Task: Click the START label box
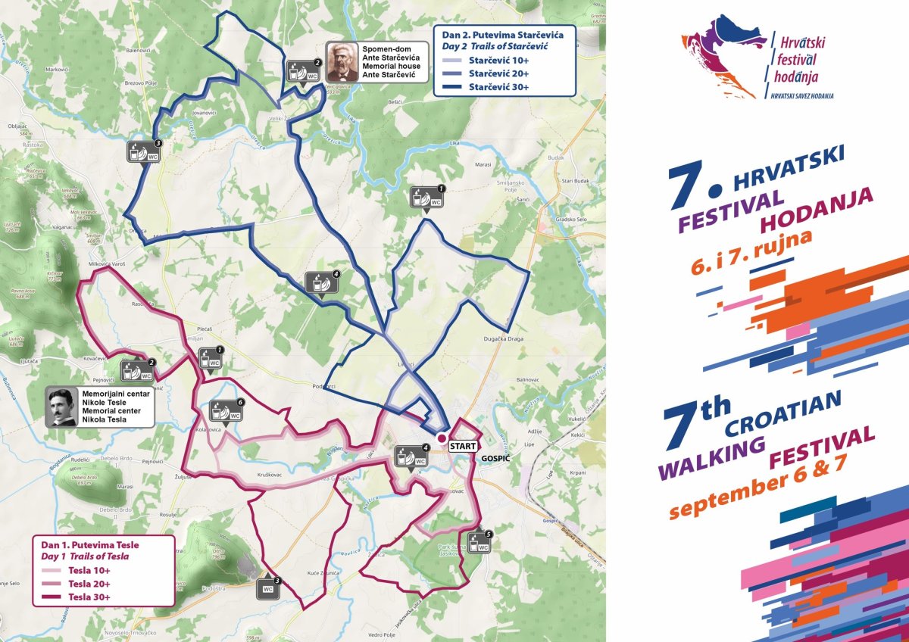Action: point(463,447)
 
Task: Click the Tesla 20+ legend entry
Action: point(89,584)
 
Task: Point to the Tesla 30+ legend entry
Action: point(89,597)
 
